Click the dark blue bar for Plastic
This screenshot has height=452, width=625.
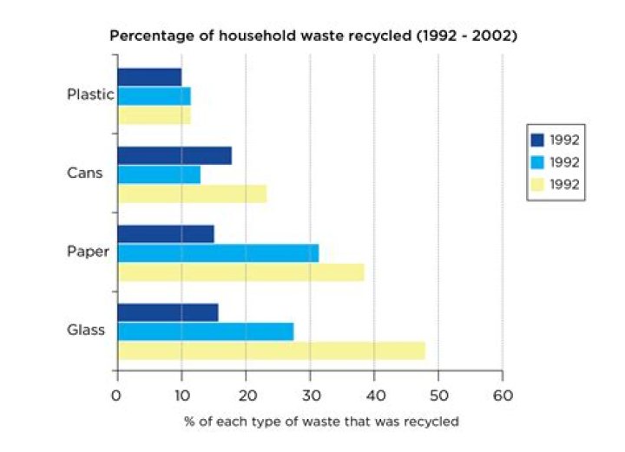coord(149,77)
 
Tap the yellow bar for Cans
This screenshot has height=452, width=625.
coord(192,193)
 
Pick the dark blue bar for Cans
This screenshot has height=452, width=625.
coord(174,155)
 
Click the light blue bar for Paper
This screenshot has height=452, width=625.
coord(218,252)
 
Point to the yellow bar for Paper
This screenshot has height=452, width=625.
coord(240,272)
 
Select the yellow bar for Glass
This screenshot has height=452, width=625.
coord(271,350)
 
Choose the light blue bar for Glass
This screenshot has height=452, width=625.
coord(205,331)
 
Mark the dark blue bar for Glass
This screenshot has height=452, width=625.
coord(168,312)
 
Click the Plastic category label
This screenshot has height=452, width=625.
coord(90,95)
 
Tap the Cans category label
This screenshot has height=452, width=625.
coord(85,173)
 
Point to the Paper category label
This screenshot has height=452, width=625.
coord(88,252)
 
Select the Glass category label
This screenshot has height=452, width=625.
coord(86,331)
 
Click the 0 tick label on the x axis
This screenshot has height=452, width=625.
coord(116,394)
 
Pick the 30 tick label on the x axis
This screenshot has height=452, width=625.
coord(310,394)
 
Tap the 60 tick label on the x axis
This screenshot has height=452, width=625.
coord(503,394)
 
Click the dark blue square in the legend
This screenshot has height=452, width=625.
coord(536,140)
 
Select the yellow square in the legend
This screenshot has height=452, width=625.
coord(536,184)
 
